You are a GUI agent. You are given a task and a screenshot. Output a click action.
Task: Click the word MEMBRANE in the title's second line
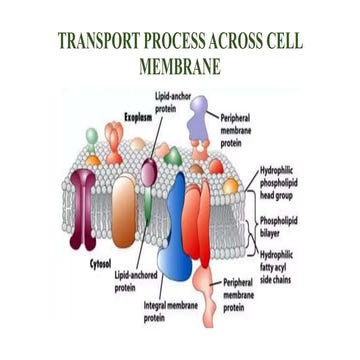(x=180, y=68)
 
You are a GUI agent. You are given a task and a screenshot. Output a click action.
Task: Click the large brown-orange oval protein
(x=123, y=210)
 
